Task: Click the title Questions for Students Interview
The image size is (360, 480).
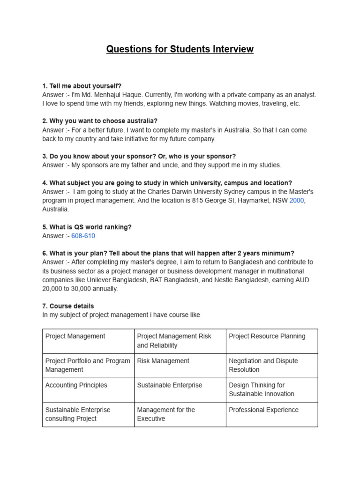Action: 180,49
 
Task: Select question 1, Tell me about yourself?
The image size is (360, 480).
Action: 82,86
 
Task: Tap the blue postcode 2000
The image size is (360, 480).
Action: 297,201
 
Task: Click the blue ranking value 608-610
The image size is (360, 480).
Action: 83,236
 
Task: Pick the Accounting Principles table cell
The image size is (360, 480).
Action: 76,385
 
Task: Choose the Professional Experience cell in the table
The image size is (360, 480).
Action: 263,410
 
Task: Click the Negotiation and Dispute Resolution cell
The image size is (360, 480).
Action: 263,365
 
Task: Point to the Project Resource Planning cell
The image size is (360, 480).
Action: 267,336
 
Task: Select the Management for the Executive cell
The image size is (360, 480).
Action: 166,414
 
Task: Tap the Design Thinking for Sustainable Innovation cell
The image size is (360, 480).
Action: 262,390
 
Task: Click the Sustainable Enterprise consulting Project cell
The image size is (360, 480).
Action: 78,414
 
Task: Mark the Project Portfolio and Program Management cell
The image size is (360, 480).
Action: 87,365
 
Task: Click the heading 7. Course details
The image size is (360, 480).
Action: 68,306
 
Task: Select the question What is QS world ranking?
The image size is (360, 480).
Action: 87,227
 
